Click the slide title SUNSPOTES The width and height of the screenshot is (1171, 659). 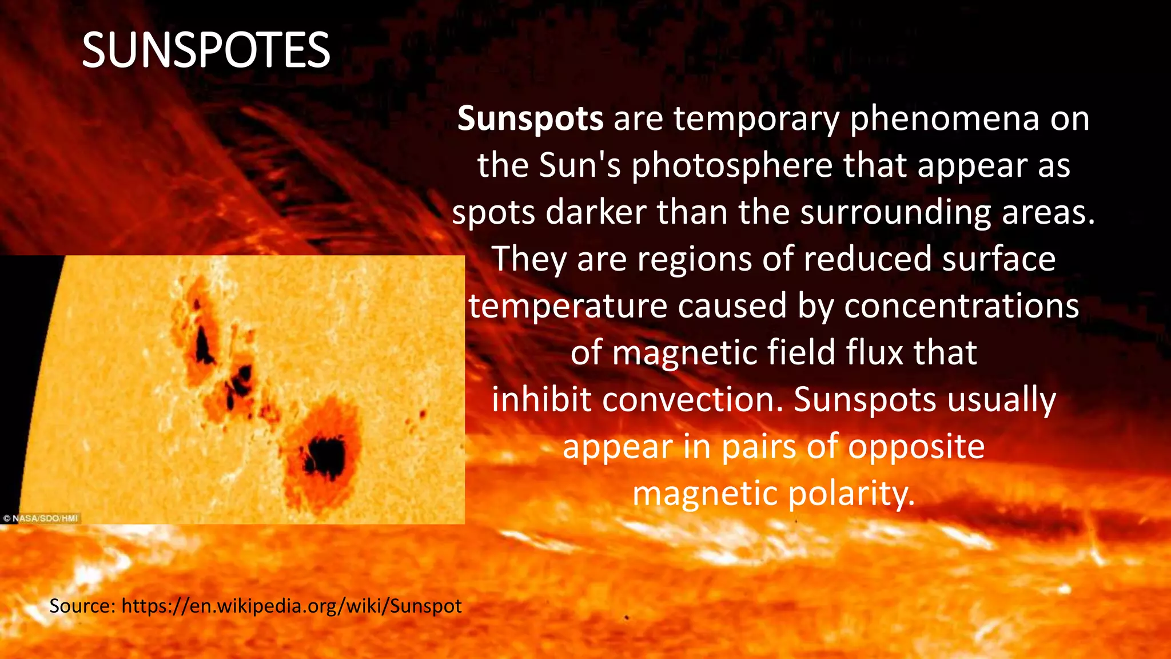[206, 50]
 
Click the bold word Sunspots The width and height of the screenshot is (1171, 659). [530, 119]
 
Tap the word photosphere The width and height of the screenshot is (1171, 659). [732, 166]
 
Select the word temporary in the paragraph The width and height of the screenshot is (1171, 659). [756, 119]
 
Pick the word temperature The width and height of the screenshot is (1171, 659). [568, 306]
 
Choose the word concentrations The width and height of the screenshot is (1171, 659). [961, 306]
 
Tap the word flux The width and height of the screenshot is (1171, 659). [875, 352]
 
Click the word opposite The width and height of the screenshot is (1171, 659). [916, 447]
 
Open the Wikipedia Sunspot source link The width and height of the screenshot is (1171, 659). [292, 606]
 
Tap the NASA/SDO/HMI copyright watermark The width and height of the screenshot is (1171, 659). [41, 518]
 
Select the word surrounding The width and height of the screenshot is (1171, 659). [895, 213]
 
